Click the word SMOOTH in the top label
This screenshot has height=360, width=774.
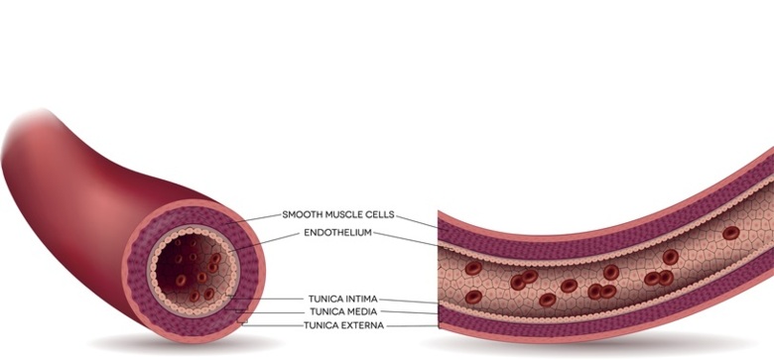[299, 214]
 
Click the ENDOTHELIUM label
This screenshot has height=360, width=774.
[337, 233]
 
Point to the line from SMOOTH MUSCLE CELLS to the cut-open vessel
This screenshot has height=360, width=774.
[417, 222]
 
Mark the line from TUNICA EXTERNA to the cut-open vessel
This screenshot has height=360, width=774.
[412, 326]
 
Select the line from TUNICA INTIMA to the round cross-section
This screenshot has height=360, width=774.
[266, 298]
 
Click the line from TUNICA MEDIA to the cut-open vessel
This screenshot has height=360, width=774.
[410, 312]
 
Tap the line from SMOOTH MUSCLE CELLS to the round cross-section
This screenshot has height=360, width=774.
[253, 219]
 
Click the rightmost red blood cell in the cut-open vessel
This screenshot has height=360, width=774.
[731, 233]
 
